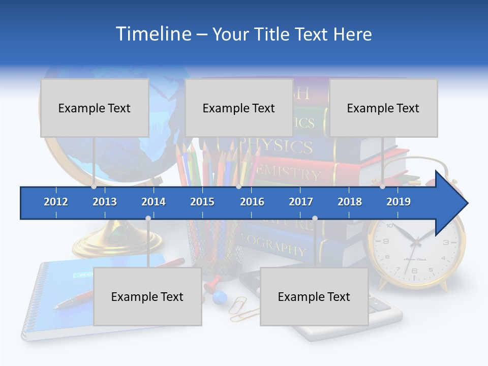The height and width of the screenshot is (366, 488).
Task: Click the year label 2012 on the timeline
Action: pos(56,202)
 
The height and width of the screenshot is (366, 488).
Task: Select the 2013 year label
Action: pos(105,202)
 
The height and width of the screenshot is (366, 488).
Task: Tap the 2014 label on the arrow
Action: pos(154,202)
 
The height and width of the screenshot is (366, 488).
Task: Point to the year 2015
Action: pos(202,202)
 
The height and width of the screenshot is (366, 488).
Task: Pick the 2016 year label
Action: pos(252,202)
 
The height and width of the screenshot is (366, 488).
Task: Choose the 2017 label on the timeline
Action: pos(301,202)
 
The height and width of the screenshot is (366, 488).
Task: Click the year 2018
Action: pos(350,202)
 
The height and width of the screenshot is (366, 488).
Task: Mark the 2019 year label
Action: pos(399,202)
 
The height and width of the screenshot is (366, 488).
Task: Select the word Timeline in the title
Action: pos(152,34)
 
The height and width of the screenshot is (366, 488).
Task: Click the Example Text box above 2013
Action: pos(95,108)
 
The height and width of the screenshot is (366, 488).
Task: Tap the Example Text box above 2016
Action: pos(239,108)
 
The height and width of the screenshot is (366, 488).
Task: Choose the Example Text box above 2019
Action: pos(383,108)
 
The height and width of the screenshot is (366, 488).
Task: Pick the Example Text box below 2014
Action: pos(147,296)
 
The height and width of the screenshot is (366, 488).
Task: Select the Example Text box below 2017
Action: pos(314,296)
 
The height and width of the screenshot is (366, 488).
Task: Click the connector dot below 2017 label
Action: pos(315,219)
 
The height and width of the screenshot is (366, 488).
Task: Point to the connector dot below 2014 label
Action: pos(148,219)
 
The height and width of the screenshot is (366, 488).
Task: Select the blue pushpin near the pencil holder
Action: pos(219,296)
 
